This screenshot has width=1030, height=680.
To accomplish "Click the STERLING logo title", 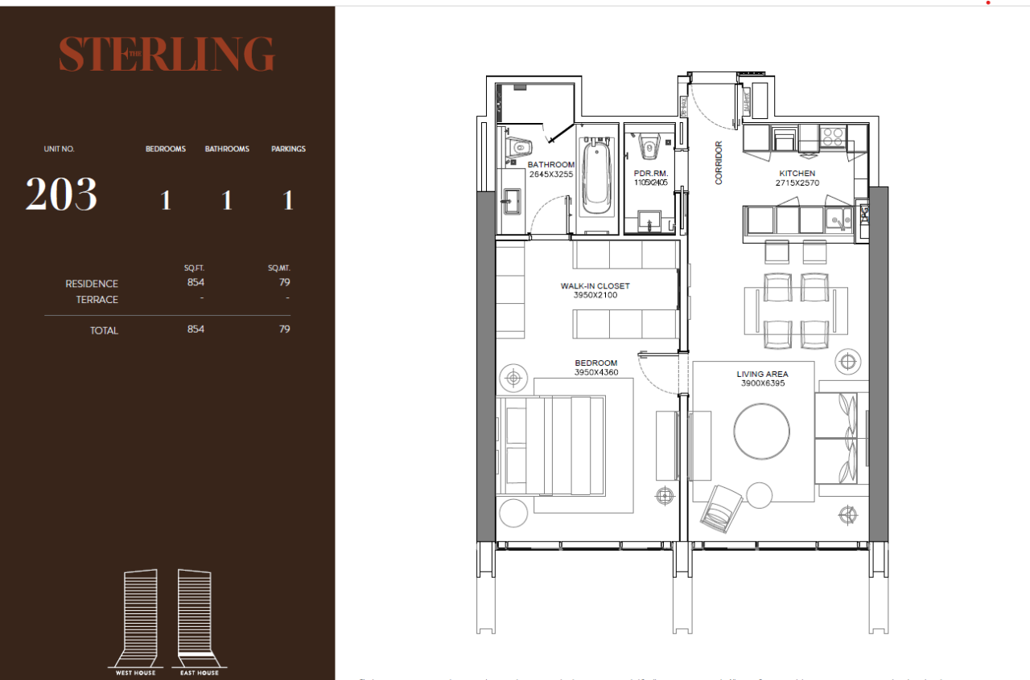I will [x=167, y=54].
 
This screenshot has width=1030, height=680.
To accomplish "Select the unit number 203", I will [x=61, y=195].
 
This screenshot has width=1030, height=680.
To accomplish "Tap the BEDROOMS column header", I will [x=165, y=149].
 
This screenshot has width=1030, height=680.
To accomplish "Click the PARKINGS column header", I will [x=288, y=149].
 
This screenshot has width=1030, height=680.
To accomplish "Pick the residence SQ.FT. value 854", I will [x=196, y=282].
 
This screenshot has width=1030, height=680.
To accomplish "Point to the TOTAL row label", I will [x=104, y=330].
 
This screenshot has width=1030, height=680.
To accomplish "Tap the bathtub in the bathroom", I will [x=595, y=177].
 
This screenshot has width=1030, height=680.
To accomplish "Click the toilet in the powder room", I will [x=649, y=147].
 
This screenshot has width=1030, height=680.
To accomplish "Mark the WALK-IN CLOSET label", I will [x=595, y=285].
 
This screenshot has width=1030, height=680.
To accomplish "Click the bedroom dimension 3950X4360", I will [x=595, y=372].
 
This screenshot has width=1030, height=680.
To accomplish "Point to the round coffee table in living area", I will [x=761, y=431].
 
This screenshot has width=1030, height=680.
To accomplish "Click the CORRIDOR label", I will [x=719, y=163].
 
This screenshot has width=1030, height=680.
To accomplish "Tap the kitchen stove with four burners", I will [x=833, y=137].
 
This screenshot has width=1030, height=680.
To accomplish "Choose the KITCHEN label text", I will [x=797, y=174].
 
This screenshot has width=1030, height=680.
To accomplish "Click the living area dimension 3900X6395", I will [x=762, y=383].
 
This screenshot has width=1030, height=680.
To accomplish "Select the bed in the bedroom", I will [x=551, y=446].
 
